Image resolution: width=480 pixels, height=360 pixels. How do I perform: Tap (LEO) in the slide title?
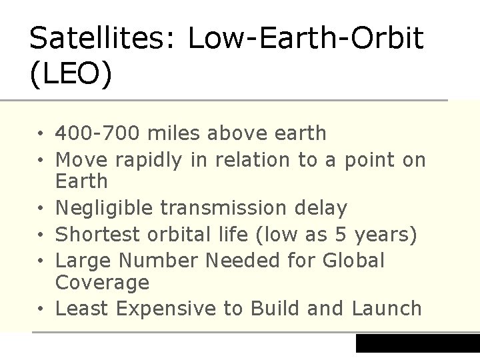click(x=71, y=75)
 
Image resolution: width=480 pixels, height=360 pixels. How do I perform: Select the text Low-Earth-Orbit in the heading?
click(x=305, y=39)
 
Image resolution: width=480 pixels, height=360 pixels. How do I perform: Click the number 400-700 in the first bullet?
click(x=97, y=133)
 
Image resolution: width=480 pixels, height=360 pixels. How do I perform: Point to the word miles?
click(x=173, y=133)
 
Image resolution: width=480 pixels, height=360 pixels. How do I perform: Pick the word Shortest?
click(x=97, y=235)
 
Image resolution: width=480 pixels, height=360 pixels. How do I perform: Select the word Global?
click(x=353, y=261)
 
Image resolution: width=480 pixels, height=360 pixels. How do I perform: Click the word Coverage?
click(x=102, y=283)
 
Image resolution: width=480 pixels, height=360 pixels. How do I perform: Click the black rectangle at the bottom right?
click(x=417, y=343)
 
